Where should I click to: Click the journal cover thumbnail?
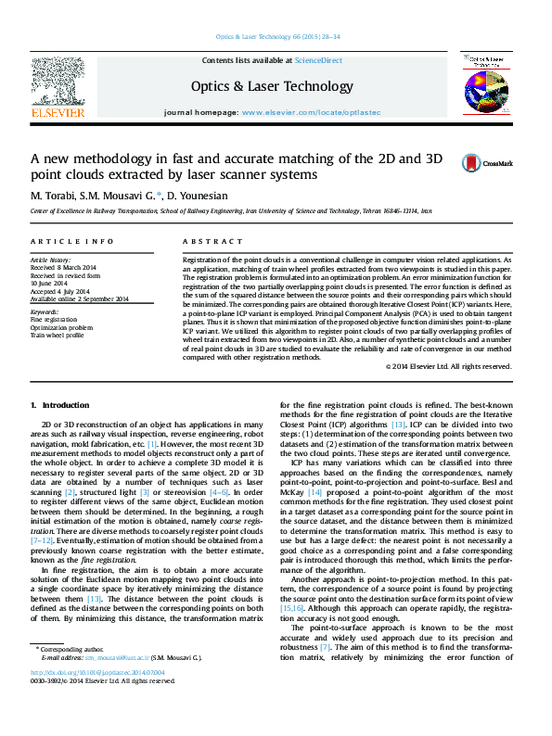click(x=488, y=83)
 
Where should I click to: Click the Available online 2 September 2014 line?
click(x=80, y=298)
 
